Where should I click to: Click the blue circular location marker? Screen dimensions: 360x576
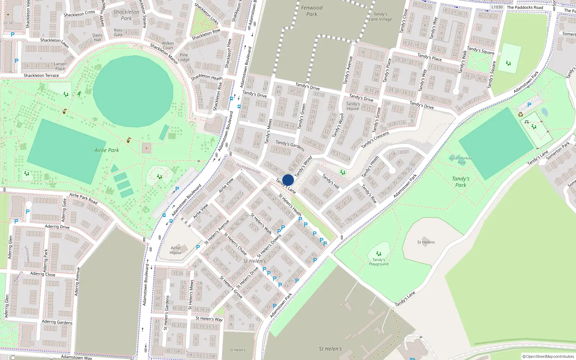(x=288, y=180)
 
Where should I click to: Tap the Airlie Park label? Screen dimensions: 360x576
(x=107, y=150)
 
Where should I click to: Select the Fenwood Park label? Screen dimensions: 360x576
(x=312, y=11)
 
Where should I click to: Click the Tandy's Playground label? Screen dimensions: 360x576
(x=378, y=262)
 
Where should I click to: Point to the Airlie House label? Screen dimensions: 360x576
(x=176, y=250)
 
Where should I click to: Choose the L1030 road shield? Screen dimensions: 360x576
(x=497, y=7)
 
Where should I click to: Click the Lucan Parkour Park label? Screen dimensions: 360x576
(x=461, y=160)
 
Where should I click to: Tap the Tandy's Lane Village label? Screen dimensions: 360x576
(x=380, y=17)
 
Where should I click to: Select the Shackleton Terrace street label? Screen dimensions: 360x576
(x=41, y=76)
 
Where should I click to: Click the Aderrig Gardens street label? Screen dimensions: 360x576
(x=57, y=322)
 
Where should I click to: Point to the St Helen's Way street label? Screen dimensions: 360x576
(x=209, y=319)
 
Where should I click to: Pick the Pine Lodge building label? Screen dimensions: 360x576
(x=184, y=57)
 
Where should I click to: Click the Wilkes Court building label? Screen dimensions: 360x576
(x=168, y=45)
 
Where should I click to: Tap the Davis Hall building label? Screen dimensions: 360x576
(x=98, y=37)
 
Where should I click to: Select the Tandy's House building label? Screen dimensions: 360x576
(x=353, y=106)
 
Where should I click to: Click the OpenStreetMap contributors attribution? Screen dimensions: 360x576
(x=548, y=357)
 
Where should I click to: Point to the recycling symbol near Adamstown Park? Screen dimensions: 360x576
(x=521, y=114)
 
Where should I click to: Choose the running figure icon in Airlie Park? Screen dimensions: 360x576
(x=79, y=94)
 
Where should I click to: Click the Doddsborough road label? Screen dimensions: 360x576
(x=248, y=168)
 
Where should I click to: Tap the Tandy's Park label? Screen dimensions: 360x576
(x=460, y=182)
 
